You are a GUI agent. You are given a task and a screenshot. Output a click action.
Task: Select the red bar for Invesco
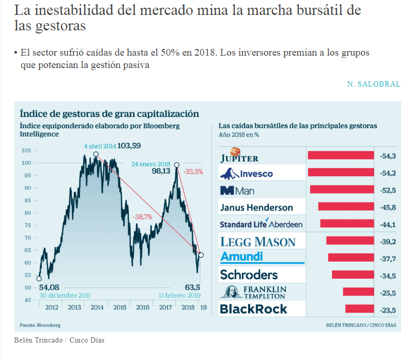(x=340, y=173)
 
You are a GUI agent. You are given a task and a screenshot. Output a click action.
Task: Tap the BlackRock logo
(x=254, y=309)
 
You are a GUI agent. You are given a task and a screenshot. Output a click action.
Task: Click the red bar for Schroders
(x=353, y=275)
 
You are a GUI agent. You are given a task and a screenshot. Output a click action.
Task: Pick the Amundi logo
(x=241, y=256)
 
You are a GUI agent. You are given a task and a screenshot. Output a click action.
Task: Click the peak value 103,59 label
(x=129, y=146)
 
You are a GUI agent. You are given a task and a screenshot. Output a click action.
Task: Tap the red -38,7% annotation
(x=142, y=217)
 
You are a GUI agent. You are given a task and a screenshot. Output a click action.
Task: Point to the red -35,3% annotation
(x=193, y=172)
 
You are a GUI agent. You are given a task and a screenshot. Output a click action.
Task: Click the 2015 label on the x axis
(x=120, y=307)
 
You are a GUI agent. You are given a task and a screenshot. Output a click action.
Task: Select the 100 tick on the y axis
(x=26, y=163)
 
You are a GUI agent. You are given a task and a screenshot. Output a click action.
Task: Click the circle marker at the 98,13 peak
(x=177, y=165)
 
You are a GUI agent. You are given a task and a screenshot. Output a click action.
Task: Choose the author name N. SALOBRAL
(x=373, y=84)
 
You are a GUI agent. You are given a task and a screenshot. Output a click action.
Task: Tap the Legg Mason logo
(x=258, y=242)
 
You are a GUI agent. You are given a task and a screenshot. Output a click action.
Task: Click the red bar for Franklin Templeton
(x=358, y=292)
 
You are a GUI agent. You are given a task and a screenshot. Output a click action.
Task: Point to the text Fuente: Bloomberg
(x=40, y=325)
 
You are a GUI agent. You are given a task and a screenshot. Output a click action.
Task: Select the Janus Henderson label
(x=256, y=208)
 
